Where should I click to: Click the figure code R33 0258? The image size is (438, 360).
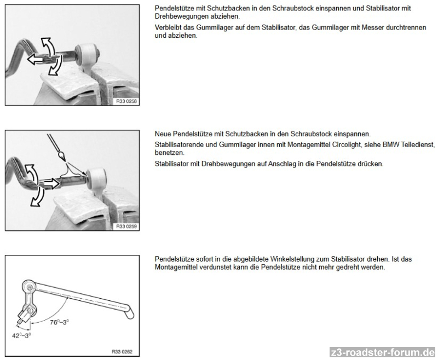(x=126, y=101)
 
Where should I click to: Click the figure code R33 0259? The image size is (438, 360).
(x=126, y=227)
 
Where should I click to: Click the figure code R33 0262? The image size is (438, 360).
(x=122, y=352)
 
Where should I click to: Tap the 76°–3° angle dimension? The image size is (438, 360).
(x=59, y=322)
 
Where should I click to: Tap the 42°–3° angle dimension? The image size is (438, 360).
(x=21, y=335)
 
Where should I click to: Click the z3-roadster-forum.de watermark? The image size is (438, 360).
(x=382, y=352)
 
